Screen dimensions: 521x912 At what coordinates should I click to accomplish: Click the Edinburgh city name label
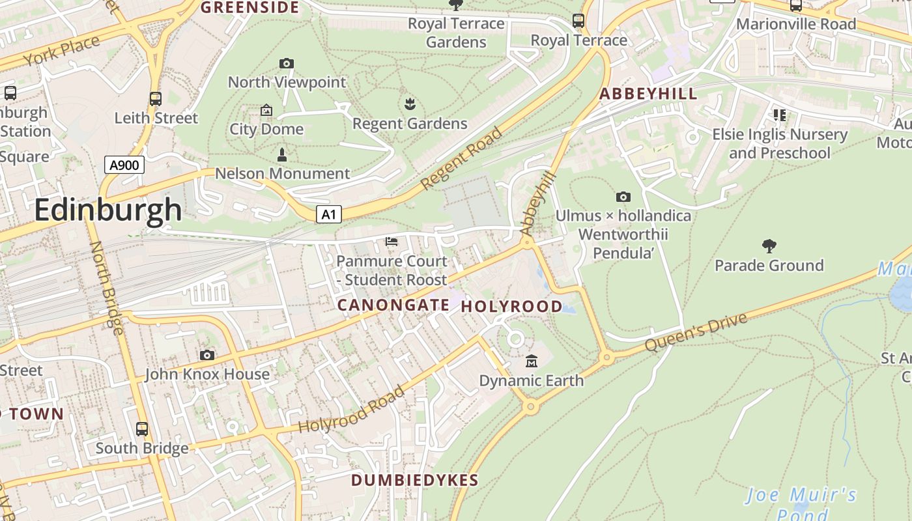pyautogui.click(x=108, y=210)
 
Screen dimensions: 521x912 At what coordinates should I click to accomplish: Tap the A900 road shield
pyautogui.click(x=124, y=165)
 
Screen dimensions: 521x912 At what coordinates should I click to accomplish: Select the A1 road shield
pyautogui.click(x=329, y=214)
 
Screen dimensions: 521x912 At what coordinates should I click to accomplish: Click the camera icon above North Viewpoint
pyautogui.click(x=287, y=63)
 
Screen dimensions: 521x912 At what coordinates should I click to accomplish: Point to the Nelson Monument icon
pyautogui.click(x=282, y=154)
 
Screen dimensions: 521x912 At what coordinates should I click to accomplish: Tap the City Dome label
pyautogui.click(x=266, y=129)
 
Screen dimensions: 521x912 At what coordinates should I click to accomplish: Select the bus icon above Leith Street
pyautogui.click(x=156, y=99)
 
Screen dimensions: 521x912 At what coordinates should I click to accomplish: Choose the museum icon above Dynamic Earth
pyautogui.click(x=532, y=361)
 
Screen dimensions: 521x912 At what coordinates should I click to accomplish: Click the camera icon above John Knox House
pyautogui.click(x=207, y=355)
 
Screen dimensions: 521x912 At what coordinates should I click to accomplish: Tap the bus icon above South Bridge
pyautogui.click(x=142, y=429)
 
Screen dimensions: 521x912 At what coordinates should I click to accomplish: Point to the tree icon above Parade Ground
pyautogui.click(x=769, y=246)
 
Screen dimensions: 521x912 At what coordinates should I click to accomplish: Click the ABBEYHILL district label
pyautogui.click(x=648, y=94)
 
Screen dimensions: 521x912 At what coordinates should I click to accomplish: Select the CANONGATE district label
pyautogui.click(x=393, y=305)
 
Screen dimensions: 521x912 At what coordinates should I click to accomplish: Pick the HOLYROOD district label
pyautogui.click(x=512, y=306)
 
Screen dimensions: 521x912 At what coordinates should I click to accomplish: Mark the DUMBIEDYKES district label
pyautogui.click(x=415, y=481)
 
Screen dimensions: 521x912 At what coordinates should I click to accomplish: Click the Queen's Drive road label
pyautogui.click(x=696, y=332)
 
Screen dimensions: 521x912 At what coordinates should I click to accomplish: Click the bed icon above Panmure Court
pyautogui.click(x=392, y=242)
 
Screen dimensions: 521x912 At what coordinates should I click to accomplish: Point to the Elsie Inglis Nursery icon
pyautogui.click(x=780, y=115)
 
